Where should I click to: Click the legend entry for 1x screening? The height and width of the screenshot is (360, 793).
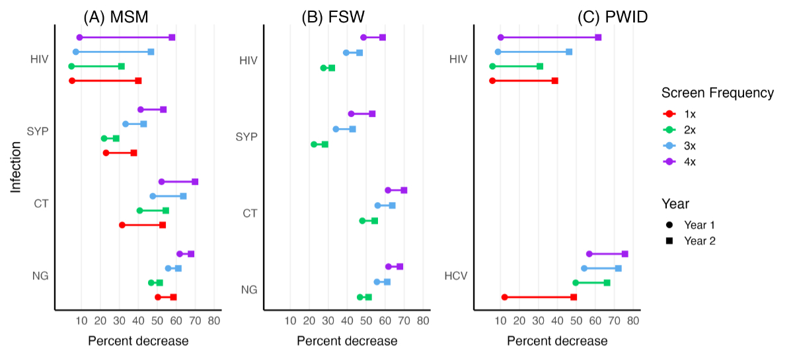tap(690, 113)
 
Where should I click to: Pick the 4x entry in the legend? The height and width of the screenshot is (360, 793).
tap(690, 161)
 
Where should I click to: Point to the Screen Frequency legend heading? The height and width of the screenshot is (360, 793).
tap(718, 93)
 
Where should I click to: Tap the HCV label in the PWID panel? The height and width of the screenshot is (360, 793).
tap(457, 275)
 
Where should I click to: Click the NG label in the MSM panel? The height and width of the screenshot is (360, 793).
tap(40, 275)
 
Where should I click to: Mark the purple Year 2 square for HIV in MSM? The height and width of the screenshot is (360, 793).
tap(172, 38)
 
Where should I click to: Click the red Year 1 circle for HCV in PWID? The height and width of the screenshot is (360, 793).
tap(505, 297)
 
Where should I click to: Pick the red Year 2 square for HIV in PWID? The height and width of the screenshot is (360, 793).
tap(555, 81)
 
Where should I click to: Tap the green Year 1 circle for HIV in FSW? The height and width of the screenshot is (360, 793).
tap(323, 68)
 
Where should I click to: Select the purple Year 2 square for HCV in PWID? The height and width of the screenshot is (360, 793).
tap(625, 254)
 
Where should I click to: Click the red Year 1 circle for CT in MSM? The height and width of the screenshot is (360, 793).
tap(122, 225)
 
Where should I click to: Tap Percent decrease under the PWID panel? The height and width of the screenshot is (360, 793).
tap(557, 342)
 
